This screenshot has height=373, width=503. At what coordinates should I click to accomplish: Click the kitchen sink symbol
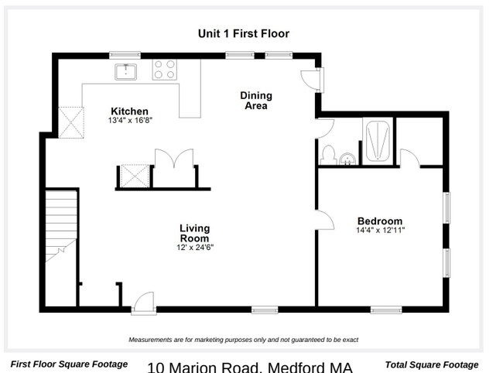(125, 72)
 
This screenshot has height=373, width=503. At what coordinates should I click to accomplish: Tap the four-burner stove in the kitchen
(164, 70)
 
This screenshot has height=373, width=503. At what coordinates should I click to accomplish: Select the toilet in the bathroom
(328, 155)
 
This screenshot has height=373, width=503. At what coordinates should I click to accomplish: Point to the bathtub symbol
(378, 141)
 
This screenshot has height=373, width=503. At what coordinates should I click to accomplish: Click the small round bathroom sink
(347, 159)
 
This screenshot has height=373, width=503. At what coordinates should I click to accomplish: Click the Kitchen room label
(129, 111)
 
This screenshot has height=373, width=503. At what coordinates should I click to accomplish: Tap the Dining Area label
(256, 101)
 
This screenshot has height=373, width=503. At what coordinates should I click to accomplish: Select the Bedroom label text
(380, 221)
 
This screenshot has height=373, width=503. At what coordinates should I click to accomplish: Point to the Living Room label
(195, 233)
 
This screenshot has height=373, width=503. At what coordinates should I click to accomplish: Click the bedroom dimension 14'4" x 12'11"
(380, 230)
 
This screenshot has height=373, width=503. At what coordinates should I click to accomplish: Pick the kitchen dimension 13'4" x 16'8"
(130, 120)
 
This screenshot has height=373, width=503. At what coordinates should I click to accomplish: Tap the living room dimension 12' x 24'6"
(195, 248)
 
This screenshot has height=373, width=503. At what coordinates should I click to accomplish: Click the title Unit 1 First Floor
(244, 34)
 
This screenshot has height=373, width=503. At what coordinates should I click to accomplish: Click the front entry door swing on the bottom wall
(144, 302)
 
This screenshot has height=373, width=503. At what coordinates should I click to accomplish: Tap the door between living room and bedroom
(325, 220)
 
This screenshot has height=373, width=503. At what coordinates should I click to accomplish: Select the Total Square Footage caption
(432, 364)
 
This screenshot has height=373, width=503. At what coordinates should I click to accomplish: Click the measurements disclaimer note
(244, 340)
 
